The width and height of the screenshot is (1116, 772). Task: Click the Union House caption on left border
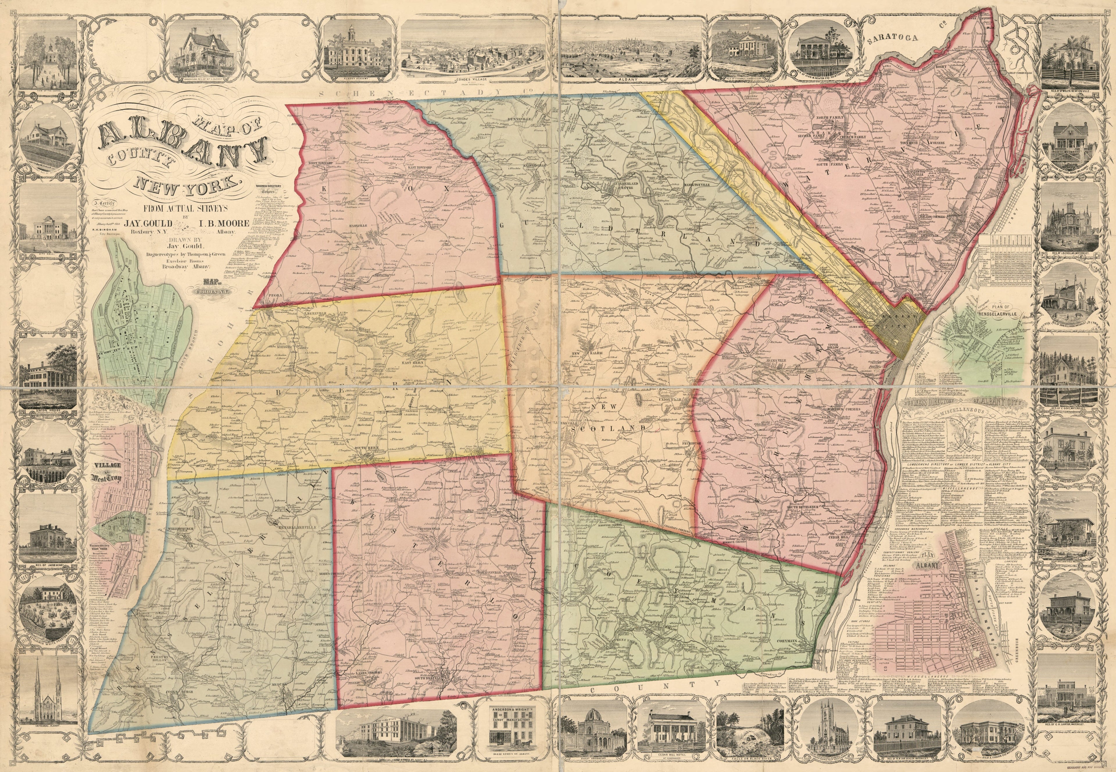(48, 411)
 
